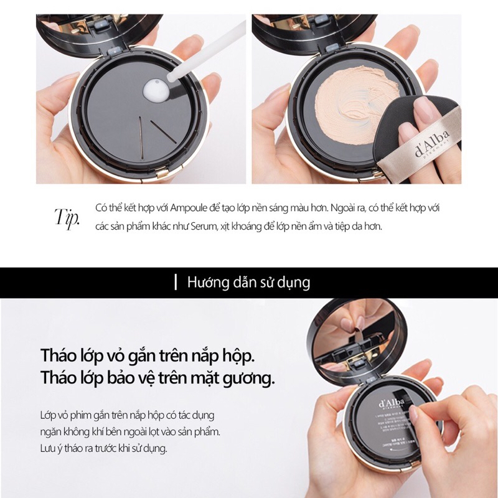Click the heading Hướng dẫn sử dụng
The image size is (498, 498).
[249, 282]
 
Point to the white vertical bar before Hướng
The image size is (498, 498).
[176, 282]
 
